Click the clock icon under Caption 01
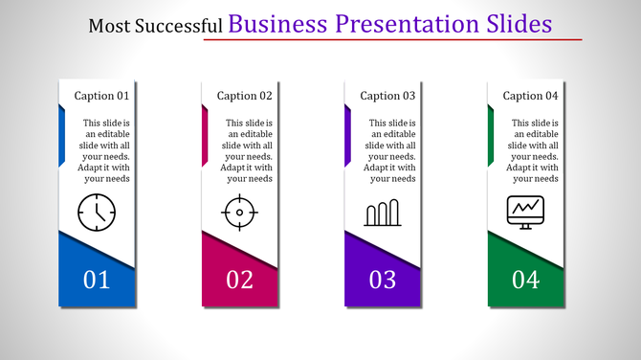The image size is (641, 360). coord(97,211)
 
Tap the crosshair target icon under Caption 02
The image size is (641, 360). coord(240,212)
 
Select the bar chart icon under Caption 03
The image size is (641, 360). coord(383,213)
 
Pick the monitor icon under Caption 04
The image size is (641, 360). coord(525,211)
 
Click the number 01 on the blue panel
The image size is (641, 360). coord(97,280)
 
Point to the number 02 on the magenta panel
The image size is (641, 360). coord(240,280)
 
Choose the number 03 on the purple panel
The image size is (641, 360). coord(383,280)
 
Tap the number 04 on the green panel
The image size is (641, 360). coord(525,280)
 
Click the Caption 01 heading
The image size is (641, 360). coord(101,96)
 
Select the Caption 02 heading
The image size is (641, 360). coord(245,96)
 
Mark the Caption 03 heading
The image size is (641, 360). coord(387,96)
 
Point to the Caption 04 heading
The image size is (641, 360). coord(530,96)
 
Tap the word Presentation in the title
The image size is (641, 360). coord(408,23)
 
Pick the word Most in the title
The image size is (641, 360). coord(107,26)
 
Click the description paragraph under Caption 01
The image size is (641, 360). coord(105,150)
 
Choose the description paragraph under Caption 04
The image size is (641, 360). coord(534,150)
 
